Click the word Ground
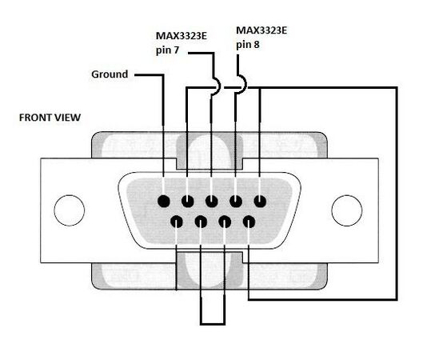coord(110,74)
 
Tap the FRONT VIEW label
coord(50,118)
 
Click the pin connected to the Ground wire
coord(164,202)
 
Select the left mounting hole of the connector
coord(70,210)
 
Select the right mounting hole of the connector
coord(347,210)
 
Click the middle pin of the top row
coord(212,202)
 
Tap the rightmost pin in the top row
coord(260,202)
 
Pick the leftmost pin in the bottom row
coord(177,222)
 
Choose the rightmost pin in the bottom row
coord(249,222)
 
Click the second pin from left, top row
coord(188,202)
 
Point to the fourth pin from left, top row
coord(236,202)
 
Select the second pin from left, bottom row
coord(201,222)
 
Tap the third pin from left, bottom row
coord(225,222)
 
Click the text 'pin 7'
coord(168,50)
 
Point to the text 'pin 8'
coord(248,45)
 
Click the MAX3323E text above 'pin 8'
coord(261,30)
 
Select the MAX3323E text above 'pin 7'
coord(182,36)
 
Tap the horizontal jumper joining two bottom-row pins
coord(213,323)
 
